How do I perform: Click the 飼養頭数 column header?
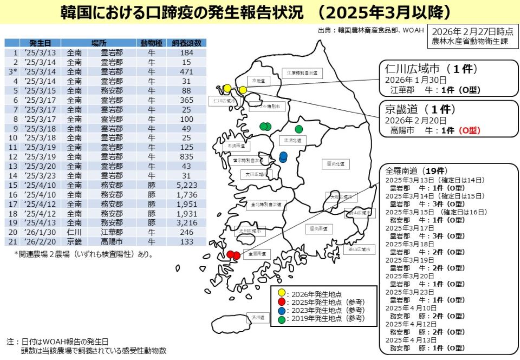click(187, 43)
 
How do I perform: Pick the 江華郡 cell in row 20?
click(112, 232)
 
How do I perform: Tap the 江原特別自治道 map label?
click(302, 73)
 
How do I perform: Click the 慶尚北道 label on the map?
click(336, 163)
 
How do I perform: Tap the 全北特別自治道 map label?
click(266, 205)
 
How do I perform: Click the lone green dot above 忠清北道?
click(298, 129)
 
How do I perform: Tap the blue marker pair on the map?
click(283, 157)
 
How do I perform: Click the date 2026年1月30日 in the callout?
click(409, 80)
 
